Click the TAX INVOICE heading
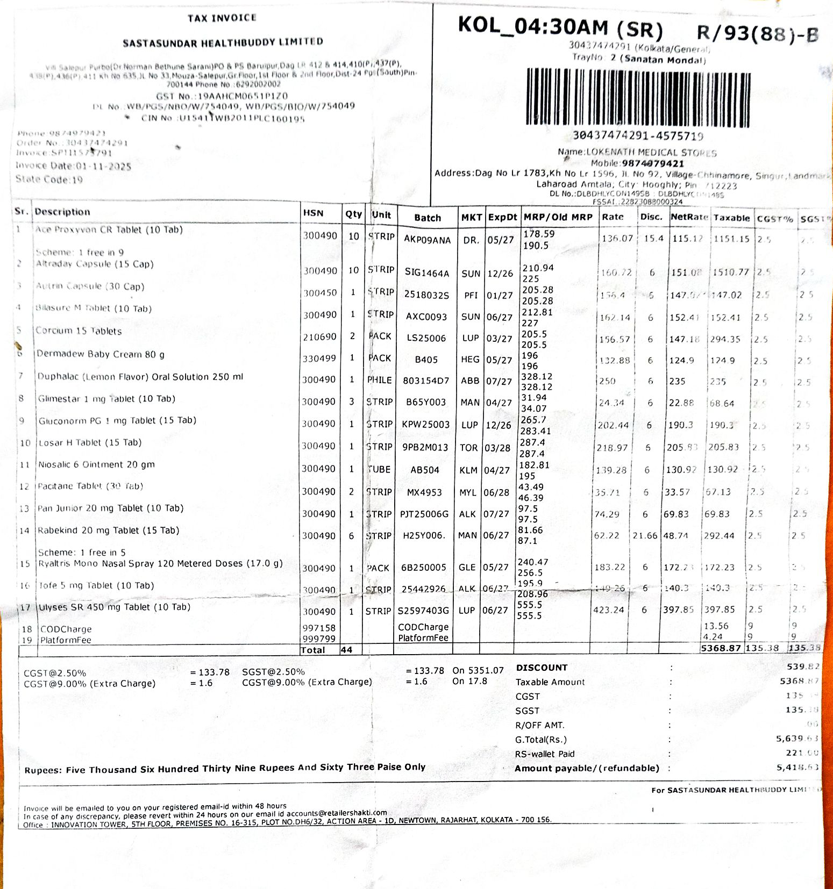coord(222,18)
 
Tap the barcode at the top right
coord(638,98)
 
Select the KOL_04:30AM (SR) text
coord(560,27)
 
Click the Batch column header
coord(428,218)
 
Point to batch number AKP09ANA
coord(427,240)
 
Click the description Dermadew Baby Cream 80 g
coord(101,354)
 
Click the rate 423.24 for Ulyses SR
coord(608,610)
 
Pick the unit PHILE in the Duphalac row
coord(379,380)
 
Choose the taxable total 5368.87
coord(721,648)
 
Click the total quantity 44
coord(346,650)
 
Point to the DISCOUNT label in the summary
coord(542,668)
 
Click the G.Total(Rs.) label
coord(540,740)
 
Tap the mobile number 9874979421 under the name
coord(653,163)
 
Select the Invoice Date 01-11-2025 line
coord(74,166)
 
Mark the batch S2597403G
coord(423,611)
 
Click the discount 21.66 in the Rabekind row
coord(645,536)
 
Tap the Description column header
coord(62,212)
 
